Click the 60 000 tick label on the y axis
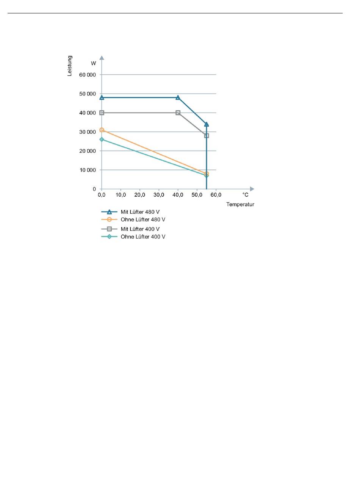(x=88, y=75)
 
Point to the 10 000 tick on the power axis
(x=88, y=170)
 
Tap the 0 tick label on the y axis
(x=94, y=189)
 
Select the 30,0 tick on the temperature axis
(x=159, y=195)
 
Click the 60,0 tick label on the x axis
(x=216, y=195)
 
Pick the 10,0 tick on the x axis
(x=121, y=195)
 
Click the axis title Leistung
(x=70, y=66)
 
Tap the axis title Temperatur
(x=240, y=205)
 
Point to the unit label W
(x=93, y=63)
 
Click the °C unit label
(x=246, y=195)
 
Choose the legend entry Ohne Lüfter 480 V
(x=143, y=220)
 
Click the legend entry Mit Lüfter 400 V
(x=140, y=229)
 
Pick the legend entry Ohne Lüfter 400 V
(x=143, y=237)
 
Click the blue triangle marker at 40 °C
(x=178, y=97)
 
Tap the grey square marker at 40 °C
(x=178, y=113)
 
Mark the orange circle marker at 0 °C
(x=102, y=130)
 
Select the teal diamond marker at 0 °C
(x=102, y=139)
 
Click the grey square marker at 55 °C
(x=207, y=136)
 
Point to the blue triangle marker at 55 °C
(x=207, y=124)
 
